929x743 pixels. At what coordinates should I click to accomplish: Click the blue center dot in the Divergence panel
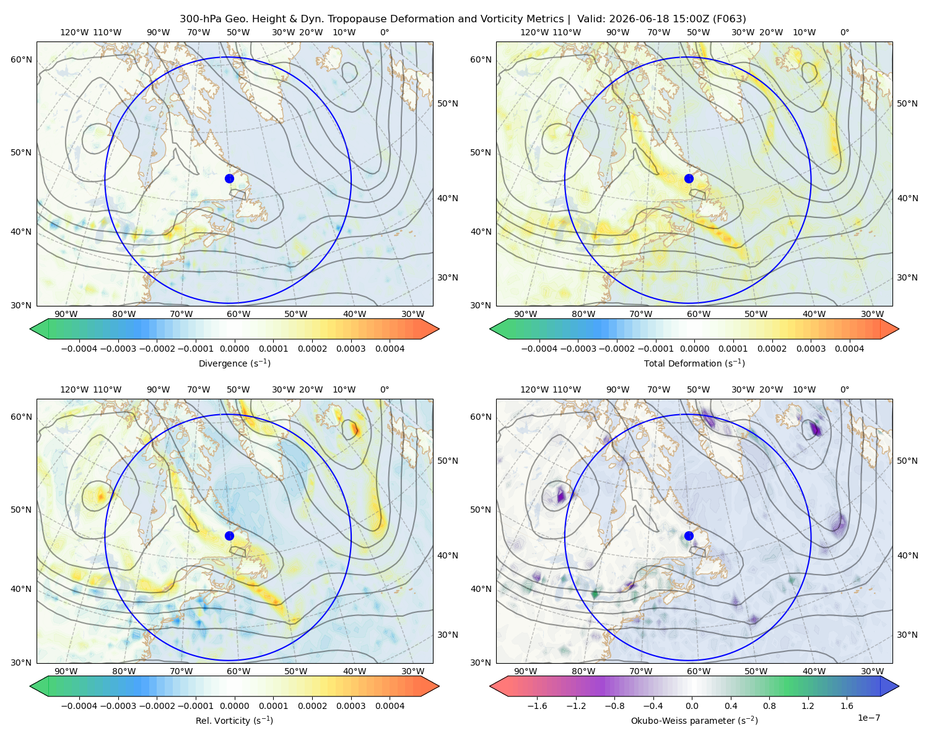[x=229, y=178]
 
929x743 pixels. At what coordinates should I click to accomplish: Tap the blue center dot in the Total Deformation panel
[x=689, y=178]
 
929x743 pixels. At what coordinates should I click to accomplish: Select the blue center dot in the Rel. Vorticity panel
[x=229, y=536]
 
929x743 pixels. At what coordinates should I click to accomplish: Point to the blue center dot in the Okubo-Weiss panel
[x=689, y=536]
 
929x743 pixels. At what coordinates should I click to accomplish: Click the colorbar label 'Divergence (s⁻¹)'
[x=234, y=363]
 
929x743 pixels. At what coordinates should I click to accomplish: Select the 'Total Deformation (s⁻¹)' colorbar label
[x=694, y=363]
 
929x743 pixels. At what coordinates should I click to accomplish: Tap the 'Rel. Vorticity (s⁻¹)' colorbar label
[x=234, y=720]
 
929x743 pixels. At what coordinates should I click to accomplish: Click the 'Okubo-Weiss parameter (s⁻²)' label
[x=694, y=720]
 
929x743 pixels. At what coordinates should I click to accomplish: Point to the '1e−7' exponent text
[x=868, y=718]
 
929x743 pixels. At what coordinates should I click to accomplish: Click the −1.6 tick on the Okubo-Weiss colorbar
[x=537, y=705]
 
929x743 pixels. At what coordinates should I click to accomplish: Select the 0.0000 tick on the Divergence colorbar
[x=234, y=349]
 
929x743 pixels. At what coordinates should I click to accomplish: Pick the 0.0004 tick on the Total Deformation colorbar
[x=849, y=349]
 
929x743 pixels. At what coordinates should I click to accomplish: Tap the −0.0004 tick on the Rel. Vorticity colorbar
[x=79, y=705]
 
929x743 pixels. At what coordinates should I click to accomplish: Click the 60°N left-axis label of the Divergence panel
[x=21, y=59]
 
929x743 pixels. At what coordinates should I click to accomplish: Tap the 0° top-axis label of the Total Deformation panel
[x=844, y=32]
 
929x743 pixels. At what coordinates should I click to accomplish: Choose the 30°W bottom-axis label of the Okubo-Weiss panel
[x=872, y=671]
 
